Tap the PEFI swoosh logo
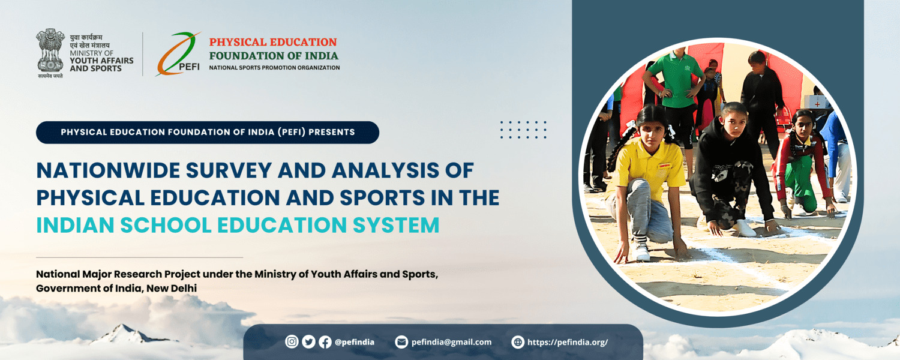[x=178, y=54]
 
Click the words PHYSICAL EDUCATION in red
[x=273, y=42]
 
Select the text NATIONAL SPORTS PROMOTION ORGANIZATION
[x=274, y=67]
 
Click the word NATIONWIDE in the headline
[x=108, y=170]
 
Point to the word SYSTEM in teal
[x=396, y=225]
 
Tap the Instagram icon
[x=292, y=341]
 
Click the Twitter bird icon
[x=308, y=341]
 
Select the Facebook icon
[x=325, y=342]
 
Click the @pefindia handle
[x=355, y=343]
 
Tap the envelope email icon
[x=401, y=342]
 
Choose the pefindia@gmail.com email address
[x=451, y=343]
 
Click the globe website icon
[x=518, y=342]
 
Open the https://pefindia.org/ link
[x=568, y=343]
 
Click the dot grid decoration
[x=523, y=130]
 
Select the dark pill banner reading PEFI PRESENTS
[x=208, y=132]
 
